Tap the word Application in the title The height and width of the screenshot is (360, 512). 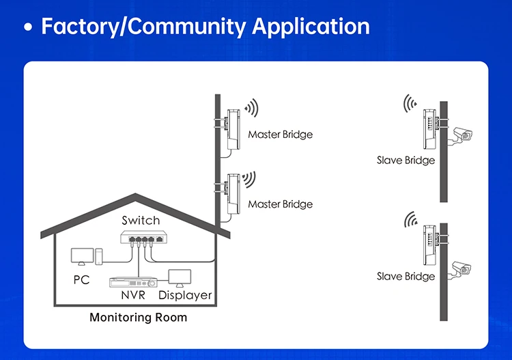coord(311,27)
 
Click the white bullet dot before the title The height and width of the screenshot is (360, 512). coord(29,27)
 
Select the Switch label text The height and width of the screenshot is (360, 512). coord(141,221)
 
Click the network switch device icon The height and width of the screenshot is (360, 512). coord(143,237)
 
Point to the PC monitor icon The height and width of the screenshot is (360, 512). coord(83,256)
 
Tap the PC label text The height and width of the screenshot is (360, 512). coord(81,279)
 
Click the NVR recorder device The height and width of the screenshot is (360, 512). coord(133,282)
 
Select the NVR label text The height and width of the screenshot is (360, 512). coord(133,295)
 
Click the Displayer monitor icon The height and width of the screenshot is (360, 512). coord(180,278)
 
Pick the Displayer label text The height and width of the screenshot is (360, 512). coord(185,295)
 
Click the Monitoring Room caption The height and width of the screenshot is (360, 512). coord(139,317)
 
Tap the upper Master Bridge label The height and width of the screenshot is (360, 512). coord(280,135)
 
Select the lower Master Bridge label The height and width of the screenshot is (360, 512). coord(280,204)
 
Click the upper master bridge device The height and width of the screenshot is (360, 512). coord(233,129)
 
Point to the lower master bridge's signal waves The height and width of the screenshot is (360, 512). coord(249,179)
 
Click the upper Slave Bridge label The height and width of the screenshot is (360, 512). coord(406,160)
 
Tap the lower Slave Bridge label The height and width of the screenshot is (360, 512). coord(406,277)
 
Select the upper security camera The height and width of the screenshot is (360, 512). coord(462,135)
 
